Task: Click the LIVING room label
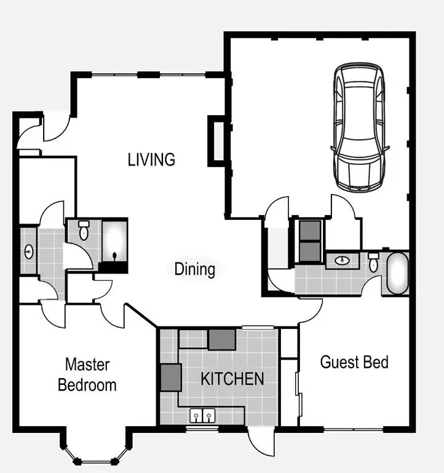(151, 160)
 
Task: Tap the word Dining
(194, 269)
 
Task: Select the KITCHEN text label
(232, 379)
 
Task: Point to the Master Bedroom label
(87, 375)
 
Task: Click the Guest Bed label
(354, 362)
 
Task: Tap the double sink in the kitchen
(202, 416)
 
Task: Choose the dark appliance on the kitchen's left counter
(171, 378)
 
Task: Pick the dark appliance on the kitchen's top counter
(221, 339)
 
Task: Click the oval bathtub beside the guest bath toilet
(397, 273)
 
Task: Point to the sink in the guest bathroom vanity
(343, 261)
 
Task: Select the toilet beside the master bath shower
(84, 231)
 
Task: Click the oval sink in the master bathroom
(28, 251)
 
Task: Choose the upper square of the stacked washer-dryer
(310, 230)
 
